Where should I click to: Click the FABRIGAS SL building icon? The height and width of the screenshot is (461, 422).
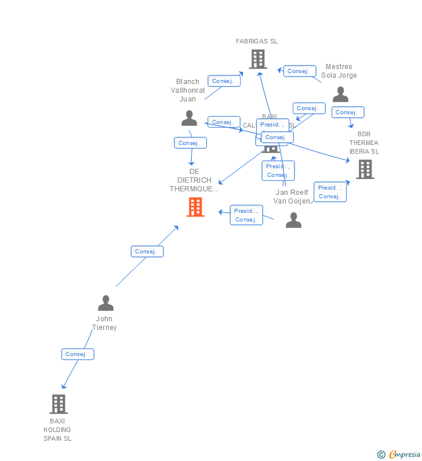click(257, 59)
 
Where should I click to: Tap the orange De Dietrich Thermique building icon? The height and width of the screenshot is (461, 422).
click(195, 207)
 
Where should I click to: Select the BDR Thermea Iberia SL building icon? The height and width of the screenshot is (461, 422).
click(365, 169)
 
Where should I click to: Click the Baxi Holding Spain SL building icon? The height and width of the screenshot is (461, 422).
click(58, 404)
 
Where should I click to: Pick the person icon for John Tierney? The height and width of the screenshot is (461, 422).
click(106, 303)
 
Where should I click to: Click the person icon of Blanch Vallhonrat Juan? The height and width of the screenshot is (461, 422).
click(189, 118)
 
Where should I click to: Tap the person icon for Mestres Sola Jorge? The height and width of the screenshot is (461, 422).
click(340, 95)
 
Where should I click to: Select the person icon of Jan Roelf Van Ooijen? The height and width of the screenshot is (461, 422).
click(293, 220)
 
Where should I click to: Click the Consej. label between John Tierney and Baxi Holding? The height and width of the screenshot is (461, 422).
click(78, 354)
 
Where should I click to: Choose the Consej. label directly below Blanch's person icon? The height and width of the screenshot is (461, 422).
click(190, 143)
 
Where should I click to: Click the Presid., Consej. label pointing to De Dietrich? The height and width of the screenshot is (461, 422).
click(246, 215)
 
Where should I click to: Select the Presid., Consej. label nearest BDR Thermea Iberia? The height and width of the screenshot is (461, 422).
click(330, 192)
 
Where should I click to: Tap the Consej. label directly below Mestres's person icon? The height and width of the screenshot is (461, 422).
click(348, 112)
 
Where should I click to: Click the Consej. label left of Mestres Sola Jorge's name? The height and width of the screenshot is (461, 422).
click(300, 71)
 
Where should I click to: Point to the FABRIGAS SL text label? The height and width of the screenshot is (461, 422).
click(257, 41)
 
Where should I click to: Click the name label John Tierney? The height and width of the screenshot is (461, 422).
click(104, 323)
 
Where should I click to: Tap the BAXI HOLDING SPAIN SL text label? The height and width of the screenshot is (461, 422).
click(57, 430)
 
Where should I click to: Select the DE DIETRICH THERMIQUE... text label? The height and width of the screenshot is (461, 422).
click(194, 180)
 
